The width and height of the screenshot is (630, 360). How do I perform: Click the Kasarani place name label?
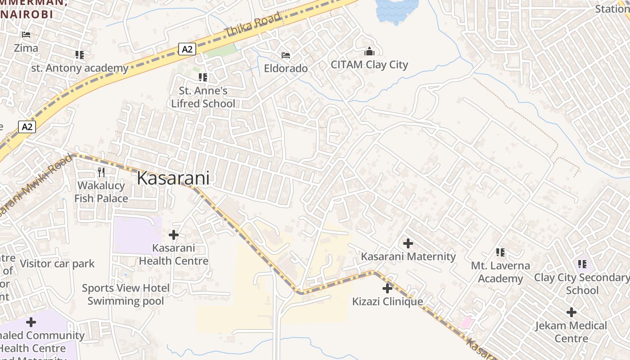pyautogui.click(x=173, y=178)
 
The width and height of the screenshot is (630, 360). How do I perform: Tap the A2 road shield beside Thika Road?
pyautogui.click(x=187, y=49)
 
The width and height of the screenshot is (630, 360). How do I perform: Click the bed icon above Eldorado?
pyautogui.click(x=286, y=55)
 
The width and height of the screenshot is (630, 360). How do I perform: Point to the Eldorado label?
pyautogui.click(x=286, y=68)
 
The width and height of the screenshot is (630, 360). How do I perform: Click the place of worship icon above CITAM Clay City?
pyautogui.click(x=369, y=51)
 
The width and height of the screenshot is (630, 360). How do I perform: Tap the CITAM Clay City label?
pyautogui.click(x=369, y=64)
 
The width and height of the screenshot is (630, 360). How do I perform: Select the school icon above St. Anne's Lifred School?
pyautogui.click(x=203, y=77)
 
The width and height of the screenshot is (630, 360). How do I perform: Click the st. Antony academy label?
pyautogui.click(x=80, y=68)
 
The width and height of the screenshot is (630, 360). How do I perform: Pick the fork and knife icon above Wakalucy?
pyautogui.click(x=101, y=172)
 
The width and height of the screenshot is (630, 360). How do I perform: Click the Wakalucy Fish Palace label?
pyautogui.click(x=101, y=192)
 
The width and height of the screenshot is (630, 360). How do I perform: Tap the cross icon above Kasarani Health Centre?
pyautogui.click(x=174, y=234)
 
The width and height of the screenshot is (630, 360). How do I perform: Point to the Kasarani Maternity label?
pyautogui.click(x=408, y=256)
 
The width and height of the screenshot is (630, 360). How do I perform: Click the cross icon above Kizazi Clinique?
pyautogui.click(x=387, y=288)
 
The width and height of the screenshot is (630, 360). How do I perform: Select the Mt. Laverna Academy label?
pyautogui.click(x=500, y=272)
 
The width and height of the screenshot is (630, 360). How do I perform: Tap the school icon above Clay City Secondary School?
pyautogui.click(x=582, y=264)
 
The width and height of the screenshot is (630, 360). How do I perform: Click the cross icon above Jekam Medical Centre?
pyautogui.click(x=571, y=312)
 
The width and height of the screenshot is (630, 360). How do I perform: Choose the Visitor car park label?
pyautogui.click(x=57, y=264)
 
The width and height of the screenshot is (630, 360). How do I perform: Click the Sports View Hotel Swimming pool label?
pyautogui.click(x=126, y=294)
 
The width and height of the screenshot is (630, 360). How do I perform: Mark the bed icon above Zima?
pyautogui.click(x=26, y=35)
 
